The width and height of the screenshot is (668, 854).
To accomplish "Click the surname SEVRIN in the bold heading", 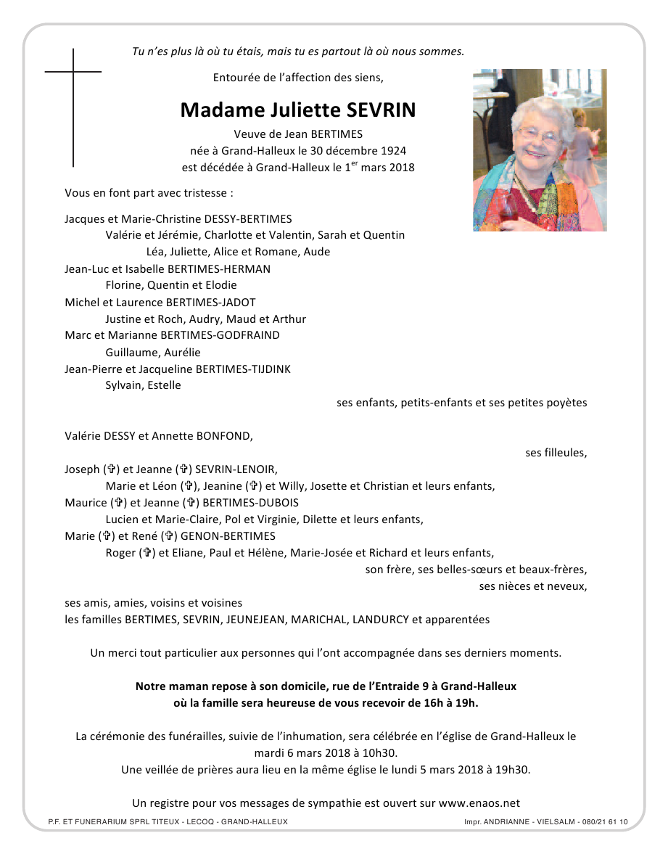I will [x=382, y=110].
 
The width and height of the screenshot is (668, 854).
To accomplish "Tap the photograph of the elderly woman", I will [x=540, y=150].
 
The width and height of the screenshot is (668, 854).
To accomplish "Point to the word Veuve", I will [x=249, y=134].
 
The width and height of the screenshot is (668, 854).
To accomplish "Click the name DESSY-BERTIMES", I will [x=250, y=218].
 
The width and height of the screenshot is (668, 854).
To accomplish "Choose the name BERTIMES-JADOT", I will [x=211, y=302].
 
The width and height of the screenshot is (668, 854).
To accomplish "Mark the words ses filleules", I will [x=556, y=453].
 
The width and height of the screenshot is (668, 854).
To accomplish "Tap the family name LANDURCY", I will [x=380, y=620].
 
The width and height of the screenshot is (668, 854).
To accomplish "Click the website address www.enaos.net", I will [x=479, y=803].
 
